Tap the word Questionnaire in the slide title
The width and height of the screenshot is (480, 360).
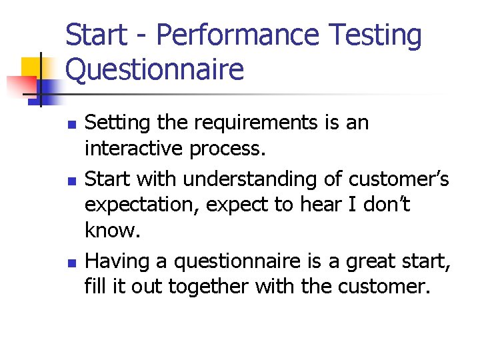[x=155, y=69]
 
